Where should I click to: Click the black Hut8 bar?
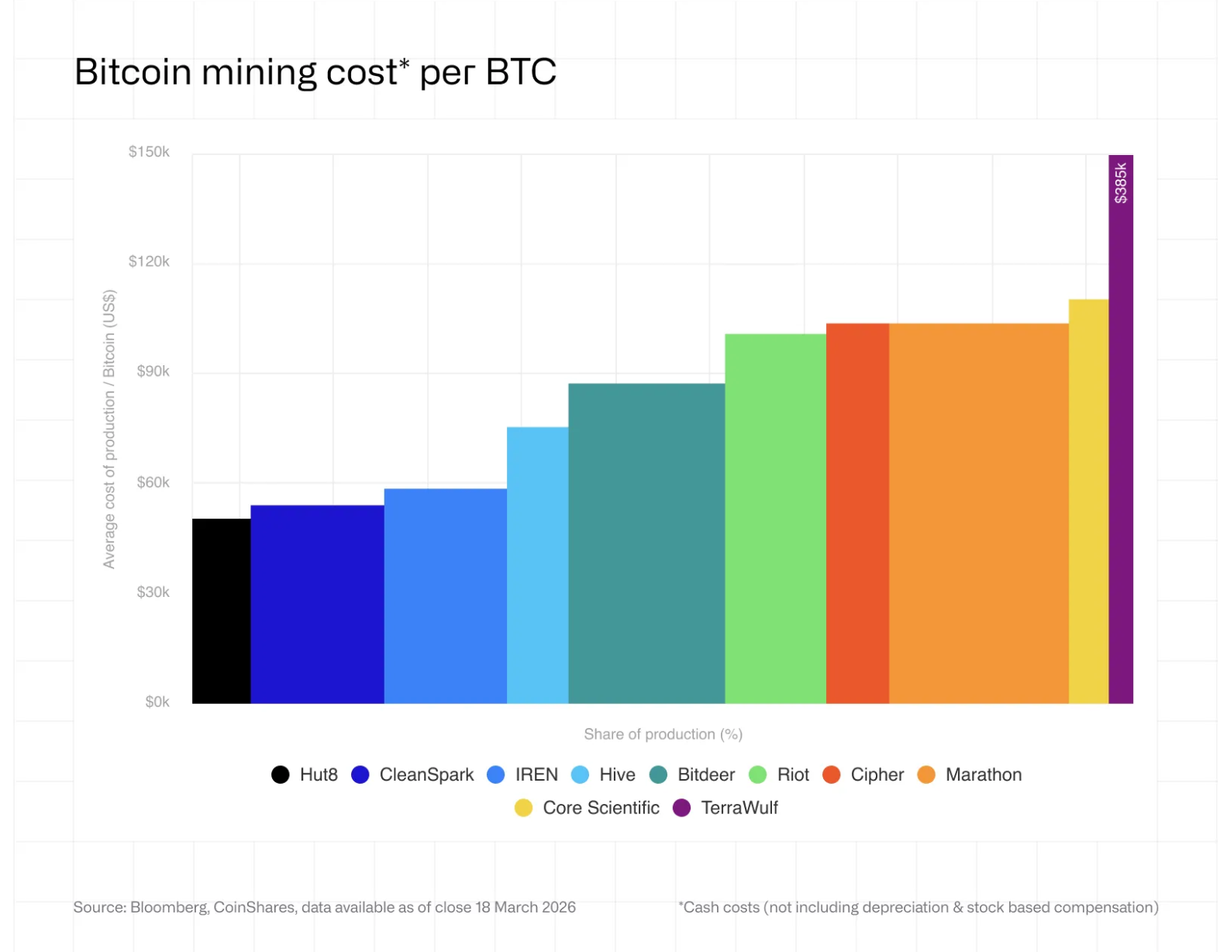pos(221,611)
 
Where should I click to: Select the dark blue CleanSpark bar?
pos(317,604)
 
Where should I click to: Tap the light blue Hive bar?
pos(537,565)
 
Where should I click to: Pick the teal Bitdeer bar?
pos(646,543)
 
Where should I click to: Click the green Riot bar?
pos(775,519)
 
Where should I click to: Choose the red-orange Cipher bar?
pos(857,514)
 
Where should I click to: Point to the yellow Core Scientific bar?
pos(1089,502)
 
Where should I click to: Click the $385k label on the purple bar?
pos(1121,183)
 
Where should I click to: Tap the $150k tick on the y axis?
pos(149,151)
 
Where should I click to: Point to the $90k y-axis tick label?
pos(153,371)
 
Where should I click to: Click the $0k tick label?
pos(157,702)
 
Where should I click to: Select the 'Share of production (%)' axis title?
pos(663,734)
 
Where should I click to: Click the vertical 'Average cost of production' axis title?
pos(109,429)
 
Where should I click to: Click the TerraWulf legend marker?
pos(681,808)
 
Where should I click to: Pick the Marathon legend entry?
pos(970,774)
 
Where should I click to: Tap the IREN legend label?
pos(536,774)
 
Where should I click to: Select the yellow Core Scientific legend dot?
pos(523,808)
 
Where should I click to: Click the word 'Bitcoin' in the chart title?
pos(133,72)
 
